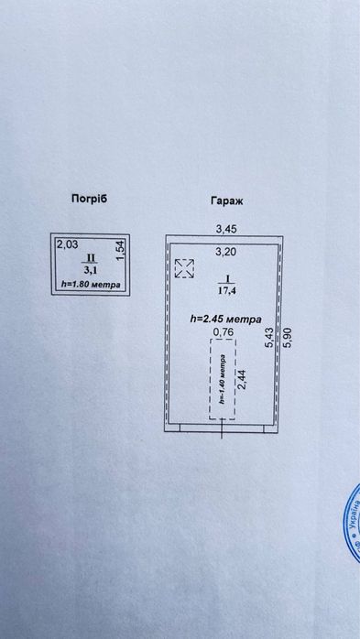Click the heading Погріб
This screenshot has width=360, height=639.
pyautogui.click(x=89, y=199)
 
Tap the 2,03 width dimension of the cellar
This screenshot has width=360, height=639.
pyautogui.click(x=66, y=244)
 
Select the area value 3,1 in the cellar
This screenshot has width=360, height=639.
pyautogui.click(x=90, y=270)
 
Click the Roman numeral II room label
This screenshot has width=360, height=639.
pyautogui.click(x=90, y=259)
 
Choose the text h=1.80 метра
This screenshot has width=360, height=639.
pyautogui.click(x=90, y=285)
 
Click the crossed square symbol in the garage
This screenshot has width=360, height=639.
pyautogui.click(x=184, y=267)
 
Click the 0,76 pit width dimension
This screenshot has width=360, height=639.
pyautogui.click(x=221, y=332)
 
